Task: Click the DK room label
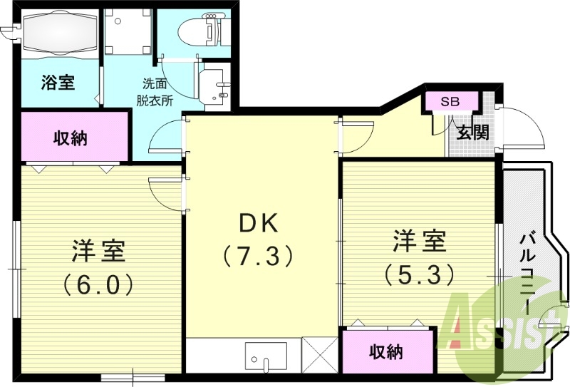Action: coord(257,224)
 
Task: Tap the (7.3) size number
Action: coord(257,255)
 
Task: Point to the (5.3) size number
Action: coord(419,274)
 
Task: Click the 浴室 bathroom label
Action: coord(58,83)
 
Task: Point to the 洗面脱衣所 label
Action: coord(155,91)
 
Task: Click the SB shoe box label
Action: coord(450,102)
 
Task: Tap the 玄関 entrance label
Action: coord(472,132)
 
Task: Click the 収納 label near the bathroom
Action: coord(71,138)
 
